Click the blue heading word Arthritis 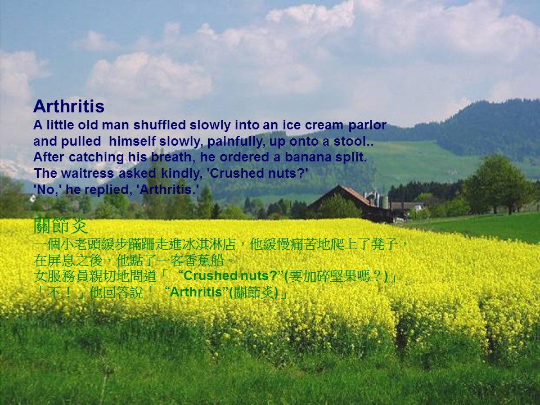pyautogui.click(x=69, y=106)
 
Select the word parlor pyautogui.click(x=367, y=125)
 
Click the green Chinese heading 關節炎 pyautogui.click(x=61, y=226)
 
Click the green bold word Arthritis pyautogui.click(x=196, y=292)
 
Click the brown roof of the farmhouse pyautogui.click(x=344, y=195)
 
